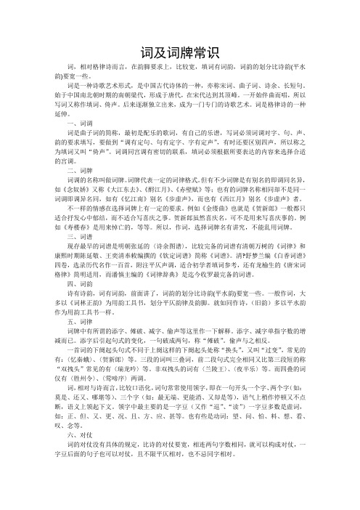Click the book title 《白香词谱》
pos(315,282)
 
